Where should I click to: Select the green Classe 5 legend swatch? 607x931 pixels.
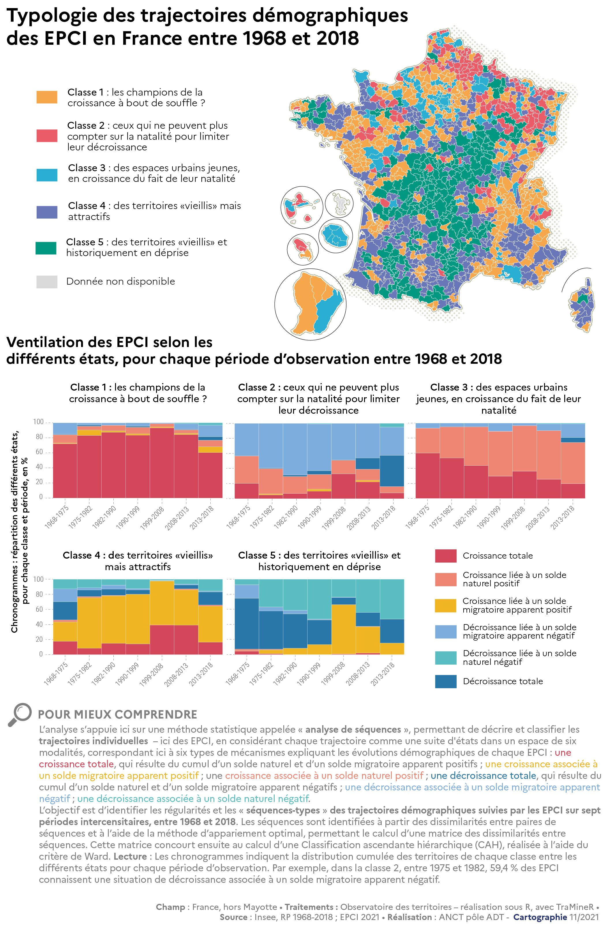pyautogui.click(x=46, y=248)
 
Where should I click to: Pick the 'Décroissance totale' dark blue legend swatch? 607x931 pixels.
pyautogui.click(x=445, y=681)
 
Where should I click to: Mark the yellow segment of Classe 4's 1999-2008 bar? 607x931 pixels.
pyautogui.click(x=162, y=603)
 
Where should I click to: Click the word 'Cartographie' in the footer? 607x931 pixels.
pyautogui.click(x=539, y=917)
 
